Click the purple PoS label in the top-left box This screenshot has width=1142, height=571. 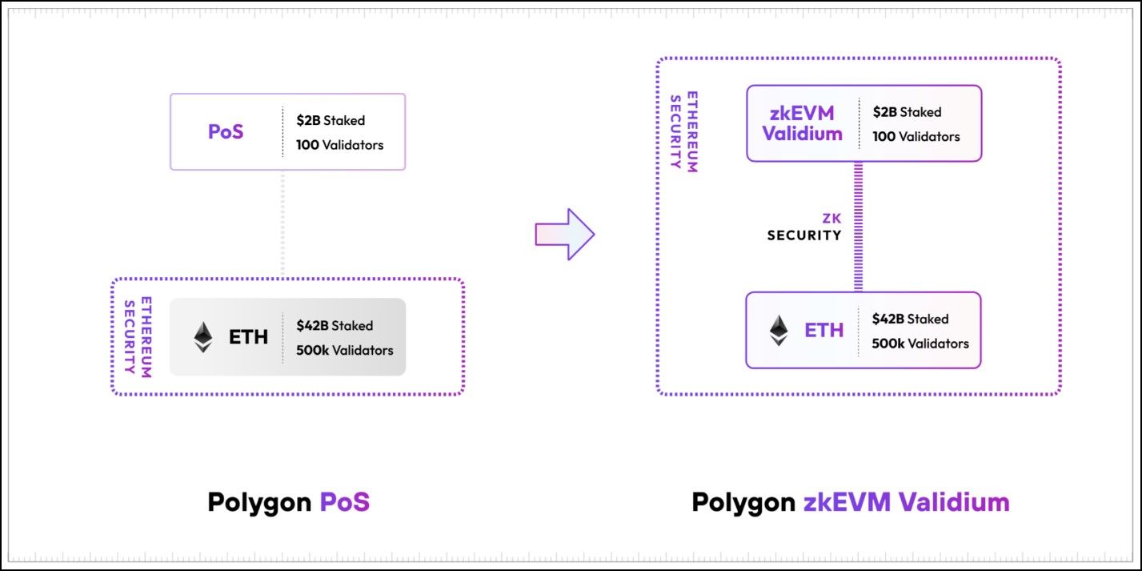(226, 132)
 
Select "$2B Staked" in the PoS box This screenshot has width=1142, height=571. (331, 120)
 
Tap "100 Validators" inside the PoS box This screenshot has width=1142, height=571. (339, 145)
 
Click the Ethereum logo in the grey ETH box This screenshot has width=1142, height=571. (203, 337)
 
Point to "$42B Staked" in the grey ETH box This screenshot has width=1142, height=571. (335, 325)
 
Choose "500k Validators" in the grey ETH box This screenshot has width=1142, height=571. (344, 350)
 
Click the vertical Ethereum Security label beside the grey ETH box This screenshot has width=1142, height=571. (138, 336)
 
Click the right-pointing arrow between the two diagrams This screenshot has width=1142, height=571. (565, 234)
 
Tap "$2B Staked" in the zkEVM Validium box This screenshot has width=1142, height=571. (907, 112)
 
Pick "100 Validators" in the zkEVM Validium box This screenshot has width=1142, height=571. (916, 136)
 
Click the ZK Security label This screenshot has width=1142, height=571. (804, 227)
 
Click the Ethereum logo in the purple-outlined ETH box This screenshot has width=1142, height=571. (778, 330)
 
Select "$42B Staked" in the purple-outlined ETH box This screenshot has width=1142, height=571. (910, 319)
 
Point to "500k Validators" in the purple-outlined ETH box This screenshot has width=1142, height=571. (920, 344)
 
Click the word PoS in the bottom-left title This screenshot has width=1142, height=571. (344, 502)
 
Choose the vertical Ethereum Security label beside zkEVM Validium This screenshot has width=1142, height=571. (683, 133)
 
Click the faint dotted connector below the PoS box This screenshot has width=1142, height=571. (282, 223)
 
